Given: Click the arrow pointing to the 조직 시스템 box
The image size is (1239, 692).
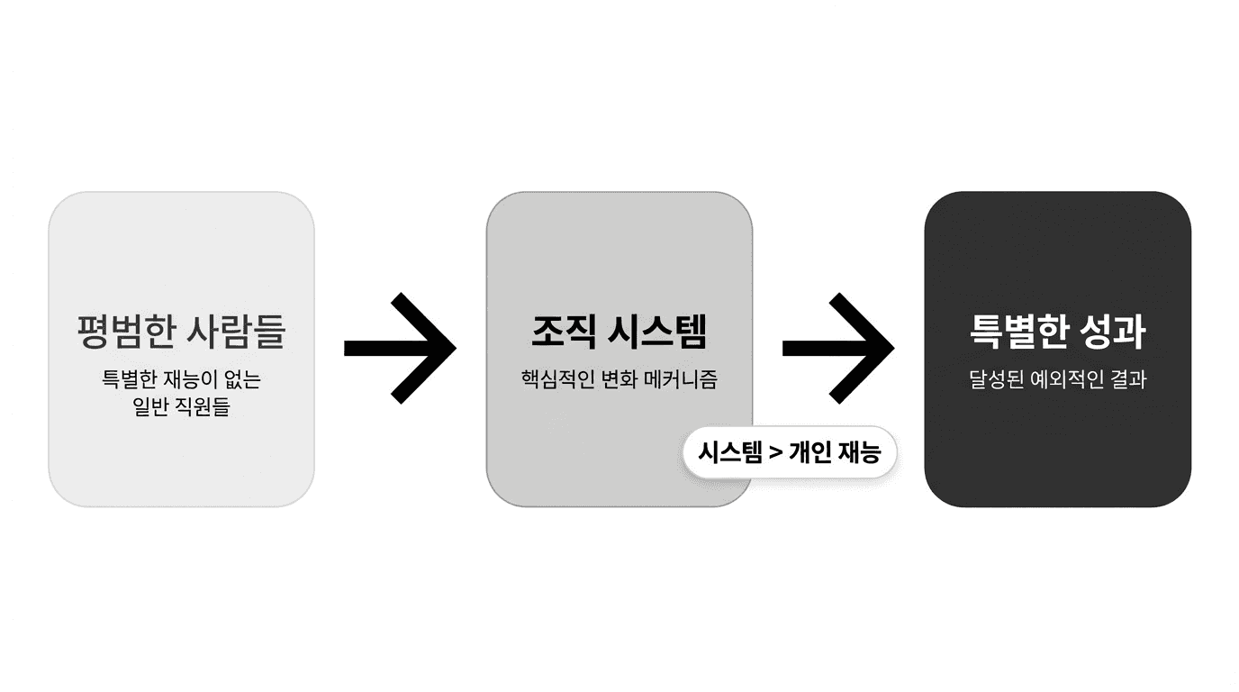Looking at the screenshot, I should (x=401, y=348).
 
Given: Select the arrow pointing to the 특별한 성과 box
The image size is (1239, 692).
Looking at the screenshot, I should (x=838, y=348).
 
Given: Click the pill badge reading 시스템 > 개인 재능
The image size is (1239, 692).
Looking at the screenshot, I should (x=790, y=451).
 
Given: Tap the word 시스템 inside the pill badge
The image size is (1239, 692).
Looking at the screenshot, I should (x=729, y=451).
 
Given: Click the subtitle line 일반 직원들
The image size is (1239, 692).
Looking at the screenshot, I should (x=181, y=406).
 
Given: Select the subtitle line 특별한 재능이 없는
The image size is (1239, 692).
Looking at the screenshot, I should (x=181, y=379).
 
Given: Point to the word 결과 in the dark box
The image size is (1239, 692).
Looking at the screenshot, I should (x=1127, y=379).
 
